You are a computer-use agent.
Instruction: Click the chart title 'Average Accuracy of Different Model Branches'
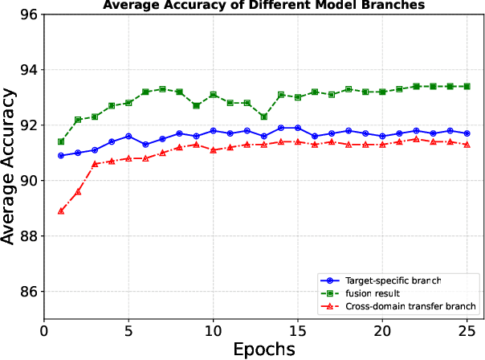(264, 6)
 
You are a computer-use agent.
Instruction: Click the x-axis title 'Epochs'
(264, 349)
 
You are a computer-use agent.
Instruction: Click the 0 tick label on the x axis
(44, 330)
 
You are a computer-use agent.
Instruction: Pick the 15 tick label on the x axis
(298, 330)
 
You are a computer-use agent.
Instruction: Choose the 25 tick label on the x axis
(467, 330)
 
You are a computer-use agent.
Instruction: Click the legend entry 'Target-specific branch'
(393, 280)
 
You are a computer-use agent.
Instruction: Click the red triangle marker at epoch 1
(61, 211)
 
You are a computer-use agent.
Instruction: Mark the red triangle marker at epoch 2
(78, 192)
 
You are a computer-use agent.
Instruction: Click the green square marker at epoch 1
(61, 141)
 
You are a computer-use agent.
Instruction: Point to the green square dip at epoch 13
(264, 117)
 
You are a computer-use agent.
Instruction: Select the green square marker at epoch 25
(467, 86)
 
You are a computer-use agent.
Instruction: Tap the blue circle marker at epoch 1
(61, 156)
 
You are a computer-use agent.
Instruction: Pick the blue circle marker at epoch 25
(467, 133)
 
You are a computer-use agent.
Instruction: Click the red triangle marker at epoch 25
(467, 145)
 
